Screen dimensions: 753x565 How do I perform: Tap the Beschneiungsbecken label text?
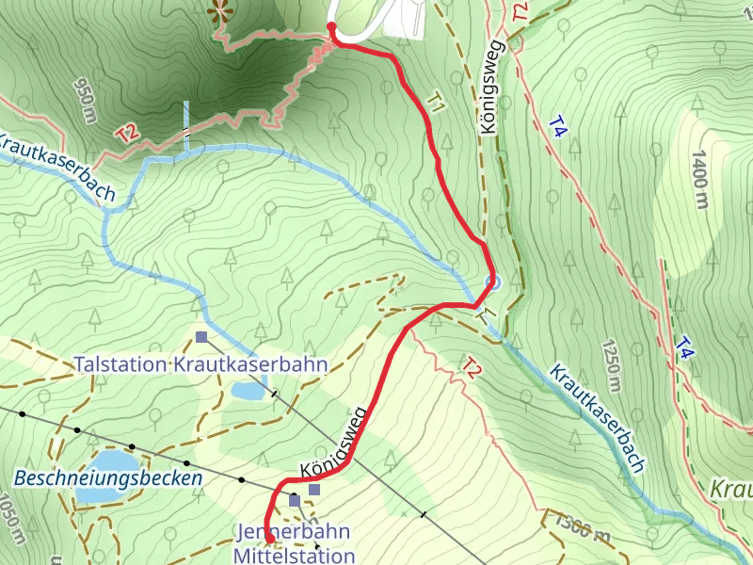[108, 478]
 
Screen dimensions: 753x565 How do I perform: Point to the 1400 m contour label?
[700, 178]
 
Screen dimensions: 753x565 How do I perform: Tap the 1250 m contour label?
[613, 364]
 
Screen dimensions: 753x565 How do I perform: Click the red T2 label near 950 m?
[129, 133]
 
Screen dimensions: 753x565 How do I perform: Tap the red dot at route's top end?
[331, 26]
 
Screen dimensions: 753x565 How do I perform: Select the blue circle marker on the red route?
[490, 282]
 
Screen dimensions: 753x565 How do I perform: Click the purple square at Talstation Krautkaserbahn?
[201, 336]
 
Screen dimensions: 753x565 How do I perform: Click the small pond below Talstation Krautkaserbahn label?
[248, 390]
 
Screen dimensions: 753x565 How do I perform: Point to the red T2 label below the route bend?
[472, 368]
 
